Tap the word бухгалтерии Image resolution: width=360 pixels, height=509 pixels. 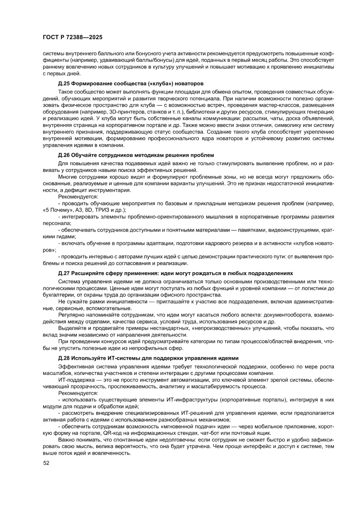coord(59,294)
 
